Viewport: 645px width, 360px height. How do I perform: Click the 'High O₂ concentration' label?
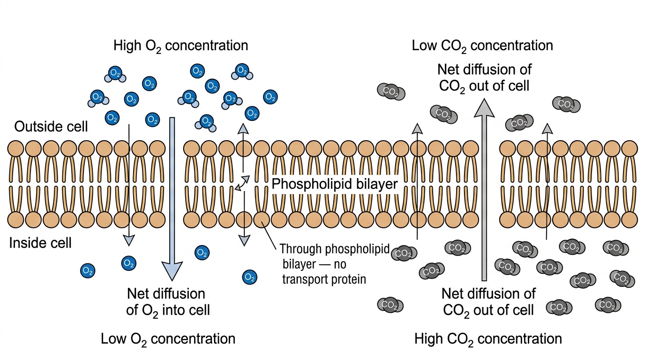(180, 46)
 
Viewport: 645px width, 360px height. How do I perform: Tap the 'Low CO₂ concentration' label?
(482, 46)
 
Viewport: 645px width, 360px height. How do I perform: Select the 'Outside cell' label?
(51, 127)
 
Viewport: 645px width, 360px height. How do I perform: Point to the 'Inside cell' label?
(40, 243)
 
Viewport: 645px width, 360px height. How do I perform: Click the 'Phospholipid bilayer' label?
(335, 184)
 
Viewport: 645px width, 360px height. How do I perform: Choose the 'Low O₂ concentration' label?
(168, 339)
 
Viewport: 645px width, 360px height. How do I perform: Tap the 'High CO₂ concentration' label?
(488, 339)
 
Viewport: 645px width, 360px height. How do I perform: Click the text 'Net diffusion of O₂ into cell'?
(168, 302)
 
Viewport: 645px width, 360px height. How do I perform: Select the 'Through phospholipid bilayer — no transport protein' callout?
(335, 264)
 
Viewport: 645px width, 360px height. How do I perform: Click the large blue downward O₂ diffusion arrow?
(172, 199)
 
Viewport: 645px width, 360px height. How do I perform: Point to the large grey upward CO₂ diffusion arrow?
(484, 189)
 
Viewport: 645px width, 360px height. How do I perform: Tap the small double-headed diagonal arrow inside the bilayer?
(242, 183)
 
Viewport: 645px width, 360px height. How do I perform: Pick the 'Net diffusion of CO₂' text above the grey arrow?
(484, 78)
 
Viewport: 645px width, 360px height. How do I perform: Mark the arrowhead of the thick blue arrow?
(172, 271)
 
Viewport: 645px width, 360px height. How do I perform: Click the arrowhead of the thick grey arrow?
(484, 108)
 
